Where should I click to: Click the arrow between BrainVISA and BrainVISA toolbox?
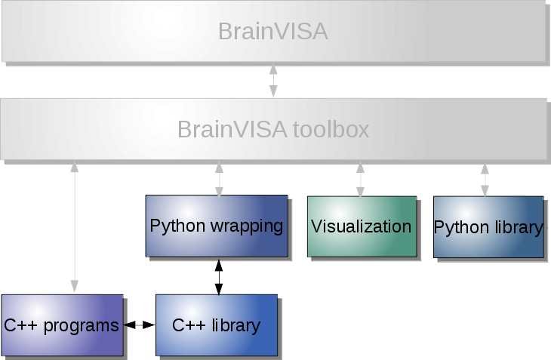pyautogui.click(x=273, y=81)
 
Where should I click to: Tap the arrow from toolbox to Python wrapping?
pyautogui.click(x=219, y=179)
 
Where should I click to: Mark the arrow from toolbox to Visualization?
pyautogui.click(x=361, y=179)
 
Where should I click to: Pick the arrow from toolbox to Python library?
pyautogui.click(x=485, y=179)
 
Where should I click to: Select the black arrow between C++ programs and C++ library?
pyautogui.click(x=139, y=325)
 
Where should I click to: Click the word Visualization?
pyautogui.click(x=361, y=226)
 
